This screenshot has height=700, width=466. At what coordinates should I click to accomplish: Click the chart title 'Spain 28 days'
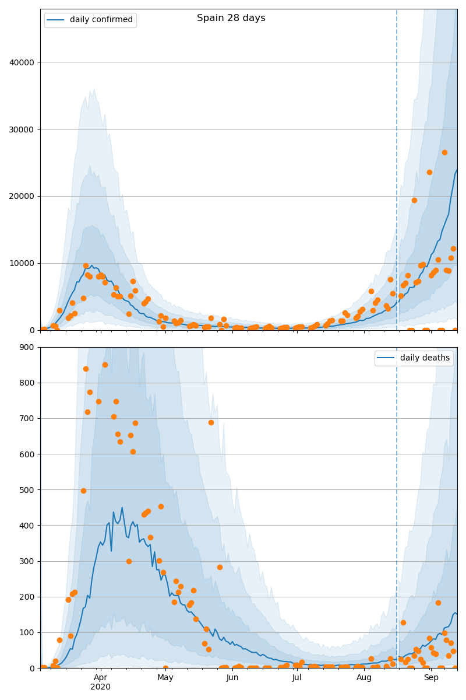click(231, 18)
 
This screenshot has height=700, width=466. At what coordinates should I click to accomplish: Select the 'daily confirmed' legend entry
click(90, 20)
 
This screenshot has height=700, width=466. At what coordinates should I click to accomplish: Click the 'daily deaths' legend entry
click(414, 358)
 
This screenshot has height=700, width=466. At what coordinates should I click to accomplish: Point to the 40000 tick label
click(22, 62)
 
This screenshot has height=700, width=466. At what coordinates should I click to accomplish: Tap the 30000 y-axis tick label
click(22, 129)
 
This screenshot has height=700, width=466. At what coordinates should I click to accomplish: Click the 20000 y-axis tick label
click(22, 196)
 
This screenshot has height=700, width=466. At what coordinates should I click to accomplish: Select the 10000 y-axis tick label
click(22, 264)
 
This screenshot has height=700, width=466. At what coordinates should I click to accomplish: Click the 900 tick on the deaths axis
click(27, 347)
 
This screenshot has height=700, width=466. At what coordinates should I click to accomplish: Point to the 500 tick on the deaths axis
click(27, 490)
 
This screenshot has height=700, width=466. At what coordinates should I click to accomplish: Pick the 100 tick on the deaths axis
click(27, 633)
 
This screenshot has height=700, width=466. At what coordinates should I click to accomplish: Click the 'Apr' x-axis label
click(101, 677)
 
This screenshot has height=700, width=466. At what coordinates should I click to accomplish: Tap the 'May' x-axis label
click(165, 677)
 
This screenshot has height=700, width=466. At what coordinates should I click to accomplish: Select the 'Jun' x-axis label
click(232, 677)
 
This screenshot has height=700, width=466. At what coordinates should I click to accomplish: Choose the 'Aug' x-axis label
click(364, 677)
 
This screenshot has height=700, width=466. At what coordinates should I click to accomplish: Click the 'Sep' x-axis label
click(431, 677)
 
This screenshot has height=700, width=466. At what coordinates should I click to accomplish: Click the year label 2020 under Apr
click(101, 687)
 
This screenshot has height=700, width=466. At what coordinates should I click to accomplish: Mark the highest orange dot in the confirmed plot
click(445, 152)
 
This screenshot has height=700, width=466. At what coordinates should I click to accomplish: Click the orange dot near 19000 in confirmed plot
click(414, 200)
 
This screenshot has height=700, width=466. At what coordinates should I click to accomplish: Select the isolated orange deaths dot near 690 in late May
click(211, 423)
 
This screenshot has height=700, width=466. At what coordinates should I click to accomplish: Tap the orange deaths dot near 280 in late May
click(220, 567)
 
